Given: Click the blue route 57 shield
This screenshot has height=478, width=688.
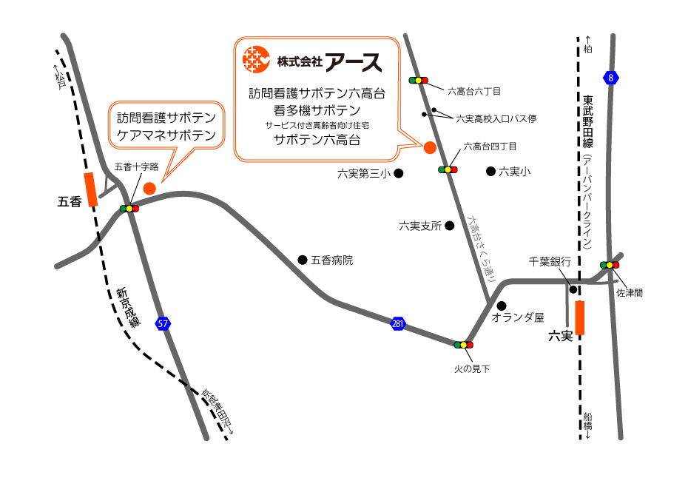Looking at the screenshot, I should tap(163, 323).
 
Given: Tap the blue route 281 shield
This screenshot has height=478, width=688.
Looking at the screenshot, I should tap(398, 323).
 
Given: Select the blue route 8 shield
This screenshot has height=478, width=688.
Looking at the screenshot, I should tap(610, 78).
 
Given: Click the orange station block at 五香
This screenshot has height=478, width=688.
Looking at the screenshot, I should tap(91, 189).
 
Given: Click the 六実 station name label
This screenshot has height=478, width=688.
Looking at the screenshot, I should tap(561, 336).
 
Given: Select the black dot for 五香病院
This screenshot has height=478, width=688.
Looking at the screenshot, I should tap(302, 259).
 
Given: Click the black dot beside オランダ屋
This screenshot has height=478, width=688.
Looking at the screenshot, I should tap(502, 306).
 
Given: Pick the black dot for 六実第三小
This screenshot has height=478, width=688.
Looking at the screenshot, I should tap(398, 174).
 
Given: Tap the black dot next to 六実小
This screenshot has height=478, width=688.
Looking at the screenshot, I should tap(490, 172).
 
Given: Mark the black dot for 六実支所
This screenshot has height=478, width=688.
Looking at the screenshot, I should tap(449, 225).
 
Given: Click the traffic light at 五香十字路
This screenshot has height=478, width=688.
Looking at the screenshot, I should tap(129, 209).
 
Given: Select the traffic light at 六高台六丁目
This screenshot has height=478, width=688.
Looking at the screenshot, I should tap(418, 80).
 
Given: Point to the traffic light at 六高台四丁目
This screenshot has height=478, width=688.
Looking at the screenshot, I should tap(448, 169).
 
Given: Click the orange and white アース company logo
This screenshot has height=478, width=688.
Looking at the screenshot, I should tap(256, 59).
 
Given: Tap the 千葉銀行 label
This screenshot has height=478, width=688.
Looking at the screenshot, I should tap(550, 261).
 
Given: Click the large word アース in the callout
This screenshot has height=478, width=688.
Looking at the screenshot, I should tap(354, 61).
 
